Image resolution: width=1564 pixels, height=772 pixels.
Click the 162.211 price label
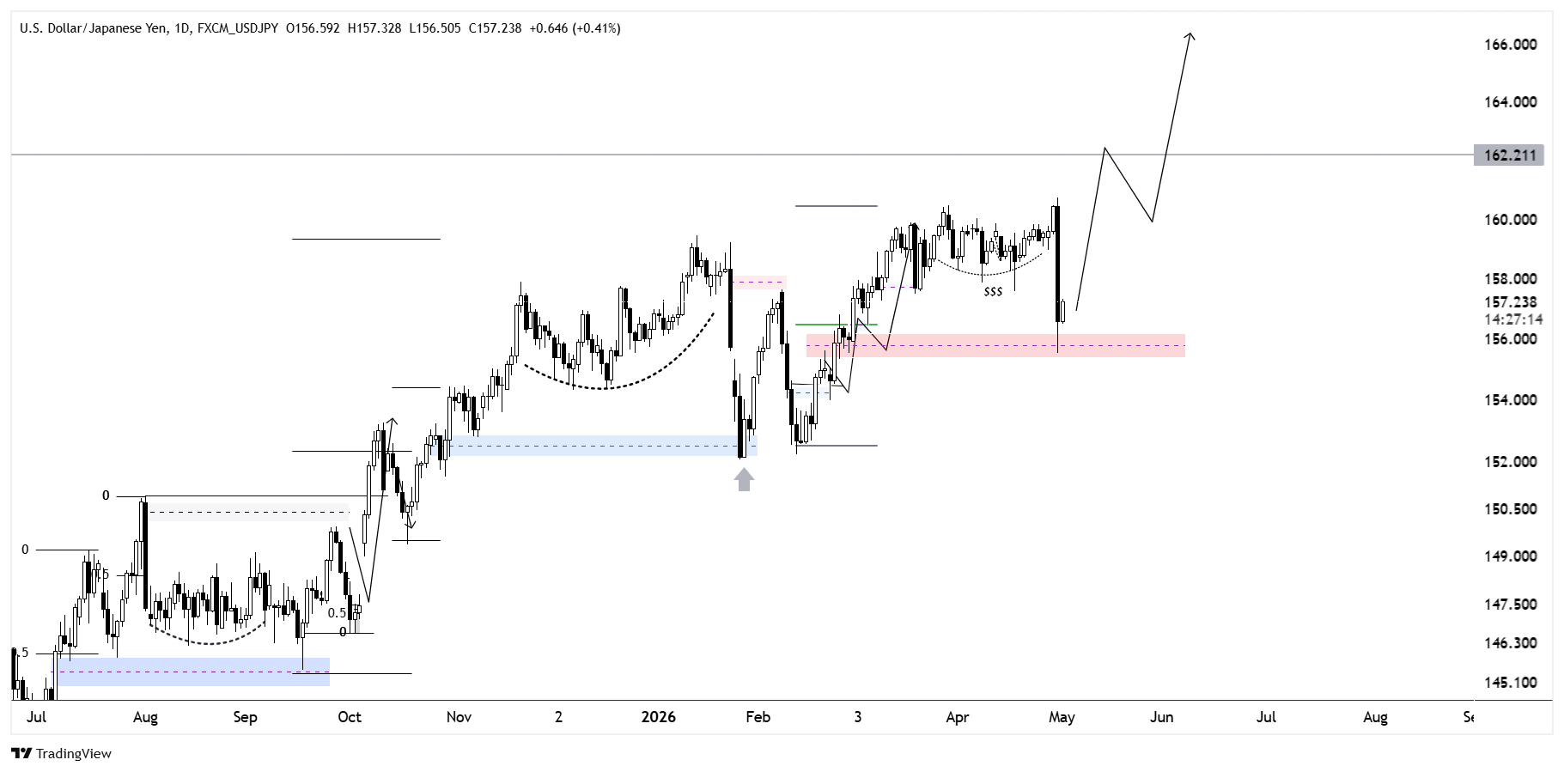(x=1508, y=155)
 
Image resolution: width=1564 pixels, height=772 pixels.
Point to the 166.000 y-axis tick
(x=1511, y=45)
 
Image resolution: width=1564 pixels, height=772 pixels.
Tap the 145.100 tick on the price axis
(x=1511, y=683)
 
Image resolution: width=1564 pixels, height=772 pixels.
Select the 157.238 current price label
(x=1511, y=302)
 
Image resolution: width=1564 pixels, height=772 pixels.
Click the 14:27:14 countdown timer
(x=1513, y=319)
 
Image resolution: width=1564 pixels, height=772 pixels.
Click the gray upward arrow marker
(x=744, y=479)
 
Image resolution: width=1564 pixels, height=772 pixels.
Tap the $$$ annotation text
(x=993, y=292)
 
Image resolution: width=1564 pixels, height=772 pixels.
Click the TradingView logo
(x=62, y=754)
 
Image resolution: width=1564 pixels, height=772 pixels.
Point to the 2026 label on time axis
(x=659, y=717)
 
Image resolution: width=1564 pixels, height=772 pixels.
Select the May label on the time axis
(x=1062, y=718)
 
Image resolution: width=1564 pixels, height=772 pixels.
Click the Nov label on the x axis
(x=459, y=717)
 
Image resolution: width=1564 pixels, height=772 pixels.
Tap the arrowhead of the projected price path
(x=1190, y=36)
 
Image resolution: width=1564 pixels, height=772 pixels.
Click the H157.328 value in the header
(x=374, y=28)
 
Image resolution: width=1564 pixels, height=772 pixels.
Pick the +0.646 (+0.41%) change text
(x=575, y=28)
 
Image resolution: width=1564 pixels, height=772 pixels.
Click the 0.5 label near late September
(x=337, y=613)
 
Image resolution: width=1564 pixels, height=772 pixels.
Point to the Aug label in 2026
(x=1375, y=718)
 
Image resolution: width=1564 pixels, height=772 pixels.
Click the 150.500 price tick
(x=1511, y=509)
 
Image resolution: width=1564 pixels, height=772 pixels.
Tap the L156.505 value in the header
(x=435, y=28)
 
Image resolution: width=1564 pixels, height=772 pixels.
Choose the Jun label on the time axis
(x=1161, y=717)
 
